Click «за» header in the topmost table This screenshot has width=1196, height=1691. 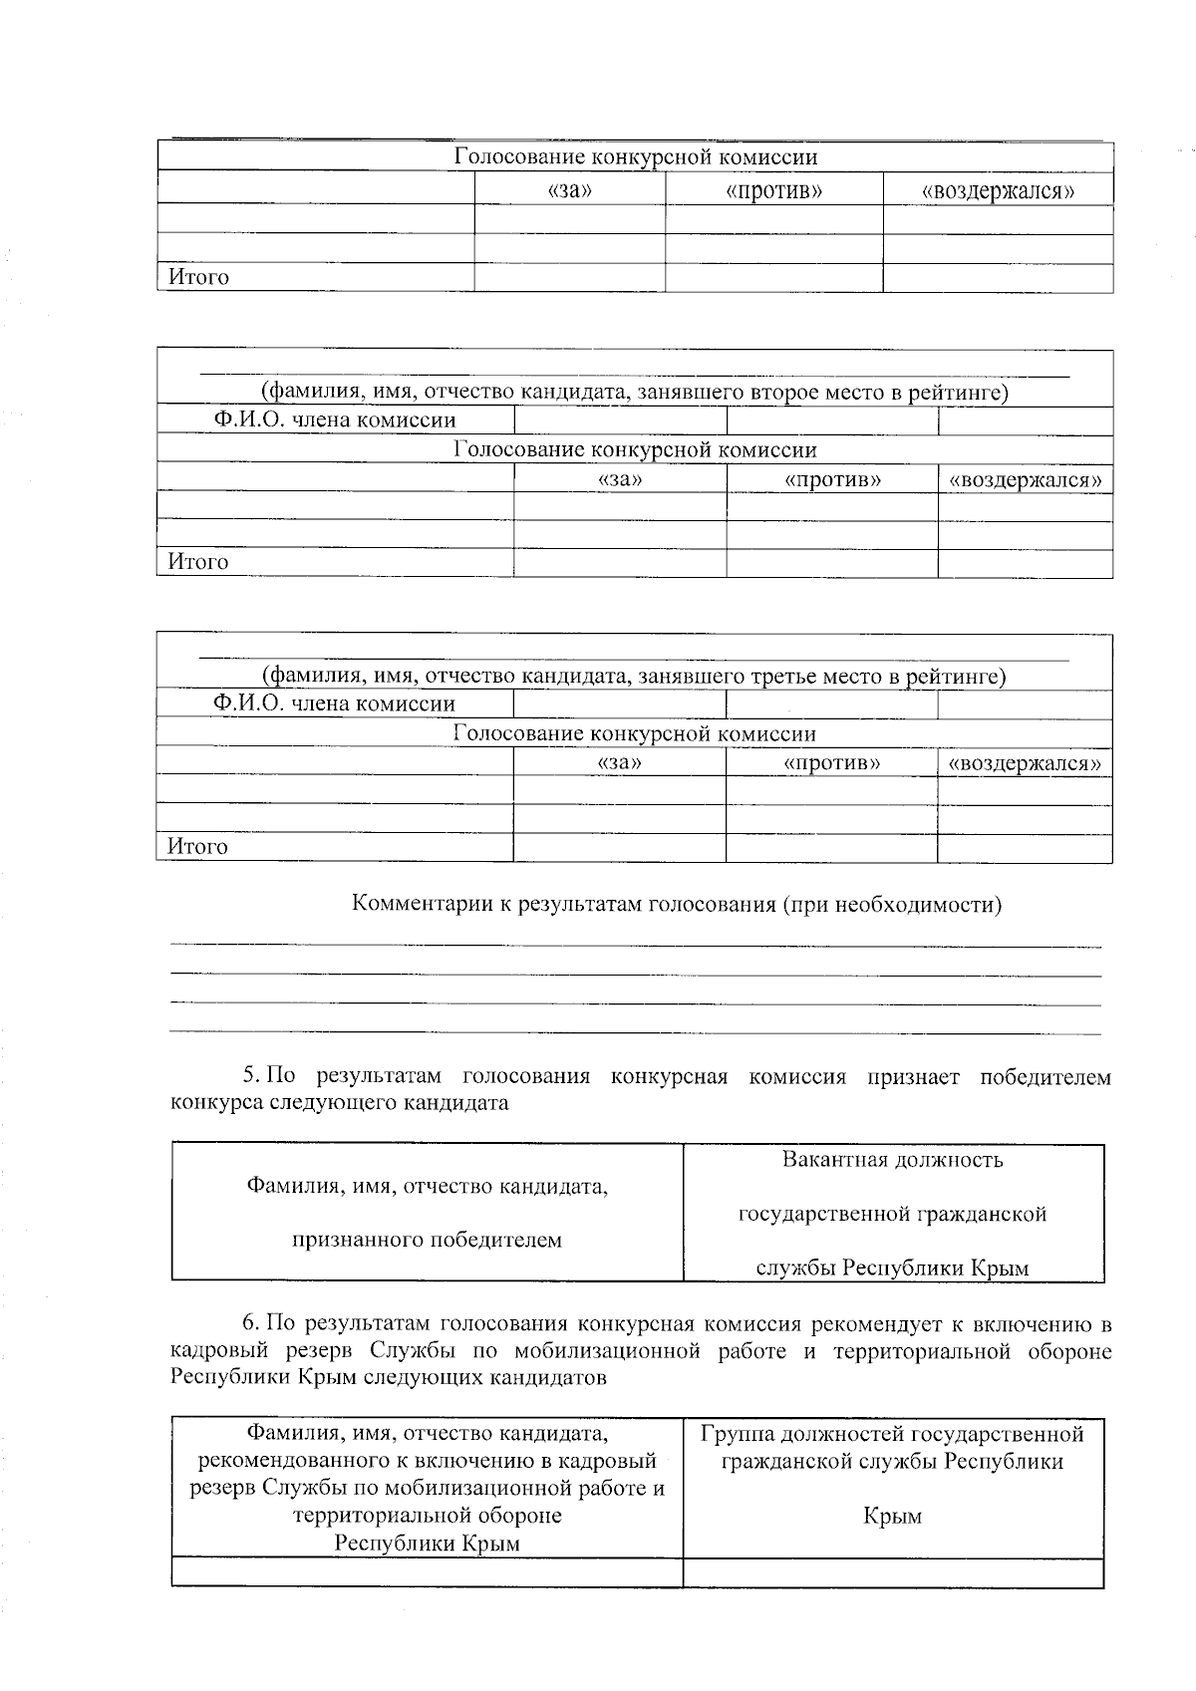tap(570, 190)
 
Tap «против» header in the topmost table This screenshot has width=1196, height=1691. tap(773, 190)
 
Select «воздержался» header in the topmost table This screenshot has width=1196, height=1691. tap(998, 190)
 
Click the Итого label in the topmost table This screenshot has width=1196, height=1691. tap(198, 277)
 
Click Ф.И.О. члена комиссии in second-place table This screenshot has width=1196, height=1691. tap(335, 421)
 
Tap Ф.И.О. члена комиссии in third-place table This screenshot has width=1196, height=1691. tap(335, 704)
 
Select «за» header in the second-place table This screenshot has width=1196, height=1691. tap(619, 479)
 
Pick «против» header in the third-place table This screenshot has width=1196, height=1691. tap(831, 763)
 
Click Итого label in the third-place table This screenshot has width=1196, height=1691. tap(197, 847)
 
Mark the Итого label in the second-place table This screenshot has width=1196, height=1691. tap(197, 562)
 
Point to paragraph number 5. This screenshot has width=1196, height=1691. tap(251, 1077)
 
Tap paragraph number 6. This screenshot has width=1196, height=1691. tap(251, 1324)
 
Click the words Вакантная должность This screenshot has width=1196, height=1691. tap(892, 1160)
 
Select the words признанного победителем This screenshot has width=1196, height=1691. tap(427, 1241)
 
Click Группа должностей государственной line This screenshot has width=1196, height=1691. tap(892, 1434)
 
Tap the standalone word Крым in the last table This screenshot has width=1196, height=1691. tap(892, 1517)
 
